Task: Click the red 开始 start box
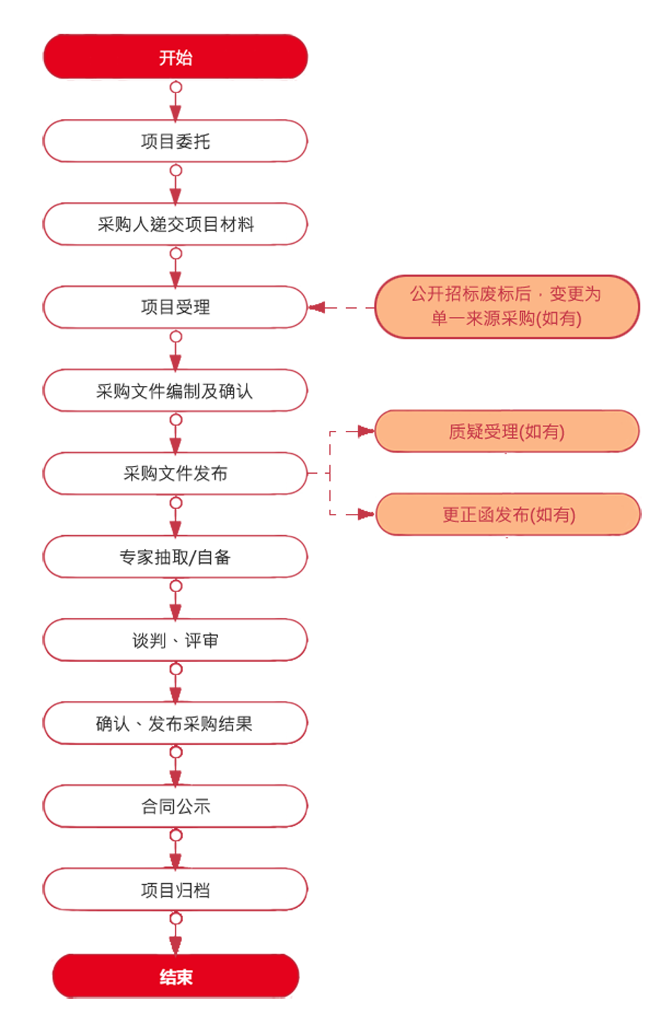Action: [x=175, y=57]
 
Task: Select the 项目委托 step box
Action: [x=175, y=141]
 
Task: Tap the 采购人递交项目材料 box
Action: [x=175, y=224]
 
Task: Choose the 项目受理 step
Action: [x=175, y=307]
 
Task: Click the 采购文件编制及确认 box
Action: [x=175, y=390]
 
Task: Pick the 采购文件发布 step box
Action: [x=175, y=473]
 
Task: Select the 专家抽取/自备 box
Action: [x=175, y=556]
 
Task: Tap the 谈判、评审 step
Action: [x=175, y=640]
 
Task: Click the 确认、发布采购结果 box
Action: [x=175, y=723]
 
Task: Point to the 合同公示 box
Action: [x=175, y=805]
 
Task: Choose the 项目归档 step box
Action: [x=175, y=889]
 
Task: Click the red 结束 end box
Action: [x=176, y=976]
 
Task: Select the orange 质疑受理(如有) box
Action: [x=507, y=431]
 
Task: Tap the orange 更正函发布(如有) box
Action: [x=508, y=514]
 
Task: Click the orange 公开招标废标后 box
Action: [x=507, y=306]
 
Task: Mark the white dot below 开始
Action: [x=176, y=87]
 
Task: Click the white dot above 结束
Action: [x=176, y=918]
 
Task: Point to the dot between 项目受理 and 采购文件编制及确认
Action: [x=176, y=337]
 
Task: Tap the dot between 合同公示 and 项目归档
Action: [x=176, y=836]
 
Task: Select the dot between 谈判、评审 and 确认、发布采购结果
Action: [x=176, y=669]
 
